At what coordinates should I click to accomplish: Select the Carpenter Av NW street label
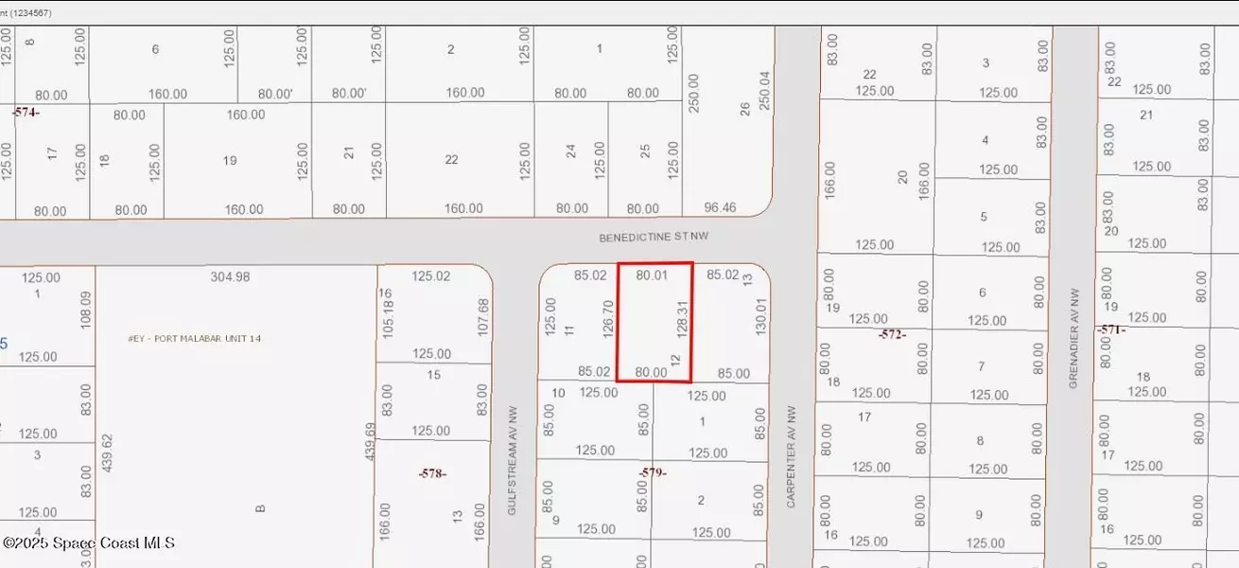(792, 457)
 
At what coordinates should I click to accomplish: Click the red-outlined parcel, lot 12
(654, 322)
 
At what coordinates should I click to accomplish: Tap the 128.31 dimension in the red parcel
(680, 323)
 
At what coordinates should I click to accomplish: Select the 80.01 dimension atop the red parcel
(652, 275)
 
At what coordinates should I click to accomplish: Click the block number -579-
(653, 472)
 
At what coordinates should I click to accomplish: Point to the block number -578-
(432, 472)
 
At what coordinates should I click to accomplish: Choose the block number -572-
(891, 334)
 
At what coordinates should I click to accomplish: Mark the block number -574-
(26, 112)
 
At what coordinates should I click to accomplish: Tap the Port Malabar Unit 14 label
(194, 338)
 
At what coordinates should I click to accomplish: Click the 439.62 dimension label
(107, 453)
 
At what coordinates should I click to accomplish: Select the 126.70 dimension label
(608, 321)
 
